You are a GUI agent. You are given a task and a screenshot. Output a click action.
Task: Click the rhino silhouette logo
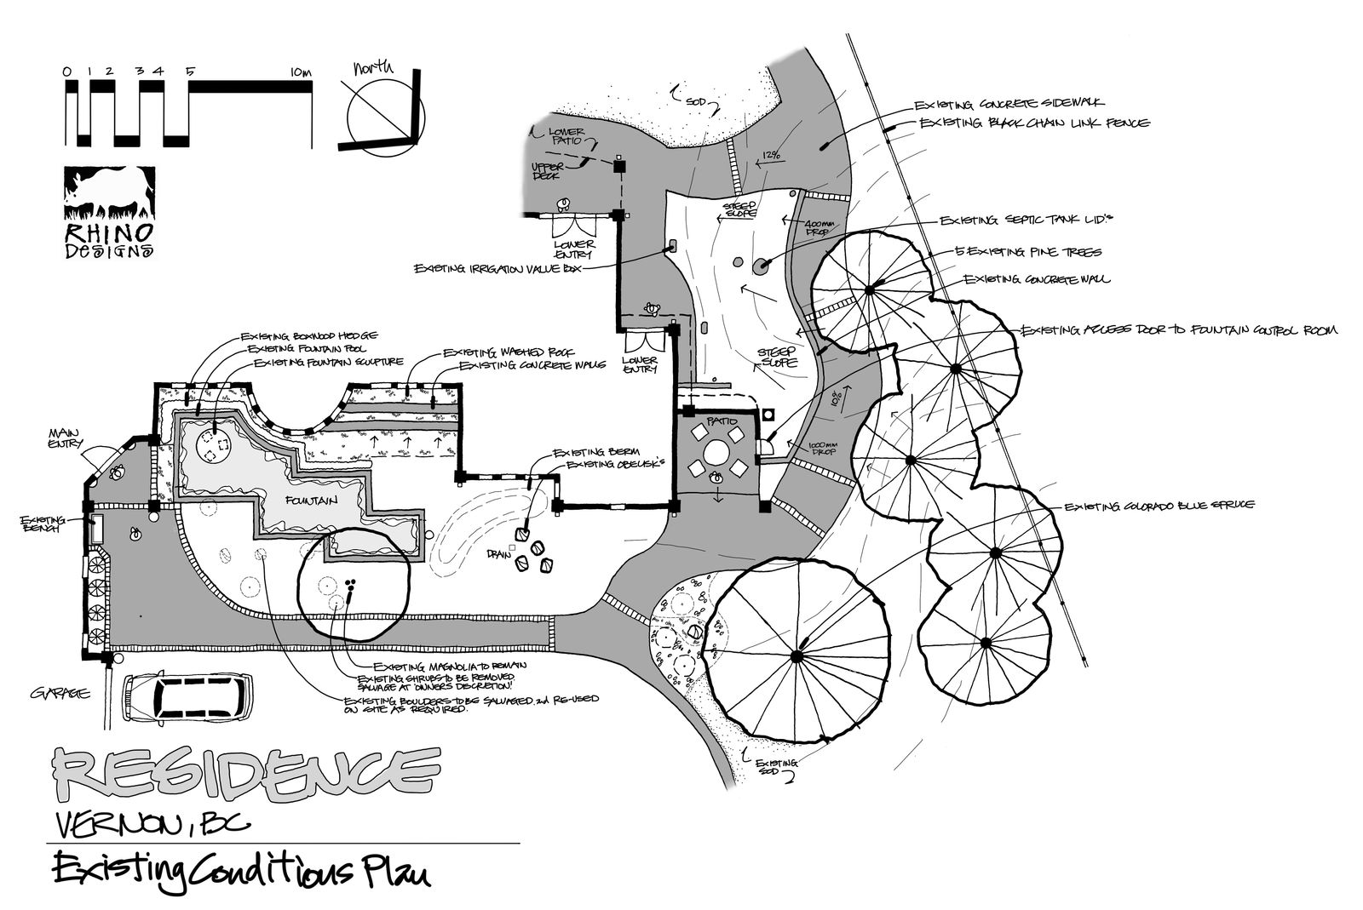[x=109, y=194]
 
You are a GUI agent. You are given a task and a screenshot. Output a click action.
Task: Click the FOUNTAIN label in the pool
[x=312, y=501]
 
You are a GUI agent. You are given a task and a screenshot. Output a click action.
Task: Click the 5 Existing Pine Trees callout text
[x=1028, y=252]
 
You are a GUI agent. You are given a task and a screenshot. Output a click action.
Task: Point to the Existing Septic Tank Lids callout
[x=1026, y=220]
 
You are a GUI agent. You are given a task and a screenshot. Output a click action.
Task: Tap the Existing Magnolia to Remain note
[x=450, y=665]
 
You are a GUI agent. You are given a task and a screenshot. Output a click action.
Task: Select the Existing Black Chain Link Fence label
[x=1034, y=124]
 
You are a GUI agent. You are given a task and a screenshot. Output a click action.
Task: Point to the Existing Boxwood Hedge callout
[x=308, y=335]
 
